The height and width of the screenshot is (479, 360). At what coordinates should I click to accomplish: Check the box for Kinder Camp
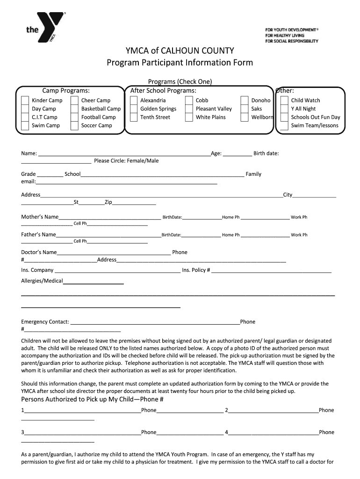point(25,101)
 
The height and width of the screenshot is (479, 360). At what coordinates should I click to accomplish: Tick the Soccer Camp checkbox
point(74,126)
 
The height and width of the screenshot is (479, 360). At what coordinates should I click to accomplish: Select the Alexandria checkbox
point(133,101)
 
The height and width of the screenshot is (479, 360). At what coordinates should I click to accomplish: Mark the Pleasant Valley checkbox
point(188,109)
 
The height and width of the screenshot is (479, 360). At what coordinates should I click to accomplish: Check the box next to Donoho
point(245,101)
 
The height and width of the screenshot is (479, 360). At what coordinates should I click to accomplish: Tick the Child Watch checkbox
point(284,101)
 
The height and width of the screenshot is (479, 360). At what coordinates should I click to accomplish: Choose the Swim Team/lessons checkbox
point(284,126)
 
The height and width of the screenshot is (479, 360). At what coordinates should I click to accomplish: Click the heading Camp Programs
point(66,91)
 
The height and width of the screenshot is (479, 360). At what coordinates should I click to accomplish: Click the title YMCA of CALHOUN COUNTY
point(180,51)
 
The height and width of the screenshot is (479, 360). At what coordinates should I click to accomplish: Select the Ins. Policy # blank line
point(271,272)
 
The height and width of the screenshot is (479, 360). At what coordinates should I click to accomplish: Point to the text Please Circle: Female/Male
point(126,161)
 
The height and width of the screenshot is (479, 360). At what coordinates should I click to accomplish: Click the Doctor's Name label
point(39,253)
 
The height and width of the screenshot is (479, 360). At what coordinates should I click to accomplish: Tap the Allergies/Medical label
point(42,281)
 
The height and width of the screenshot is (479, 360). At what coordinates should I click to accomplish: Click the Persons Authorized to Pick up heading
point(93,399)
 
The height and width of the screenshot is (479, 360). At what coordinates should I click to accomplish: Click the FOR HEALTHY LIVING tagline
point(285,36)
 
